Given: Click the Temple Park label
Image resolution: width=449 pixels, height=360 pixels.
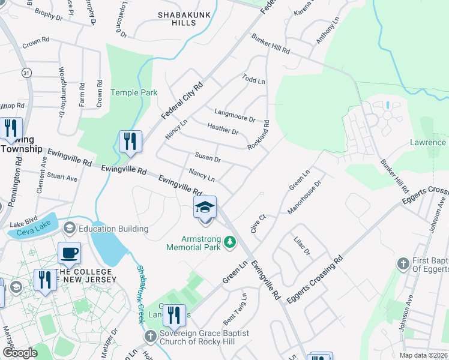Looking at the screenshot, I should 134,92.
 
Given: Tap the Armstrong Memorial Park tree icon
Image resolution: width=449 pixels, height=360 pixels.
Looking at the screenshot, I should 229,242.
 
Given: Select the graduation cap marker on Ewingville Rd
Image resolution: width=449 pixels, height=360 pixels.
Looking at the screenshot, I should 205,208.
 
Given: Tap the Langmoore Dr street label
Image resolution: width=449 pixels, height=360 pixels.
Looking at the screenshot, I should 235,115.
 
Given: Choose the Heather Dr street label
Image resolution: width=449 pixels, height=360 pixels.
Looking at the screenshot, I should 222,128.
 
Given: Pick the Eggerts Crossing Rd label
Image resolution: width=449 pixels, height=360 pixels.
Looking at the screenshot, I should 314,279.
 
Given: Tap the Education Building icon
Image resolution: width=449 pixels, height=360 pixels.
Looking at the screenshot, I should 70,229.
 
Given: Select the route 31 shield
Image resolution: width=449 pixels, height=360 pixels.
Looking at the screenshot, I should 26,72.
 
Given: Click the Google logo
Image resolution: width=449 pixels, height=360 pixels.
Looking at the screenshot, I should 20,352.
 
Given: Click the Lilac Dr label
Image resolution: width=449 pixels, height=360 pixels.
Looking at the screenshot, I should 302,247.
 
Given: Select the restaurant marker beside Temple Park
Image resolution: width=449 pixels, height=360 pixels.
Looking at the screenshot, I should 130,142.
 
